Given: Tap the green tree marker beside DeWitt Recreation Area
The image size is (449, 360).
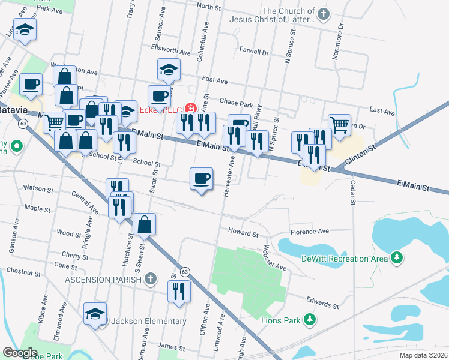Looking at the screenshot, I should (396, 258).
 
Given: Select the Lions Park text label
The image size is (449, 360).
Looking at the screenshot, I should (280, 320).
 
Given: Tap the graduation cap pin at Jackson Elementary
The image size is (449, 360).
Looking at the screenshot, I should (95, 314).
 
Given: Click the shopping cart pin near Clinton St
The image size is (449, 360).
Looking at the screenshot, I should (339, 125).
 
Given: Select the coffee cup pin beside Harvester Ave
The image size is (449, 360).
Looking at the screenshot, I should (201, 178).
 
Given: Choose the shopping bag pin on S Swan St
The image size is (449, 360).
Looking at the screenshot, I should (144, 224).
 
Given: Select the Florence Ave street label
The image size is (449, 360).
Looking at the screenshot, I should (310, 231).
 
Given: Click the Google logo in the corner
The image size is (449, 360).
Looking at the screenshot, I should (20, 353).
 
